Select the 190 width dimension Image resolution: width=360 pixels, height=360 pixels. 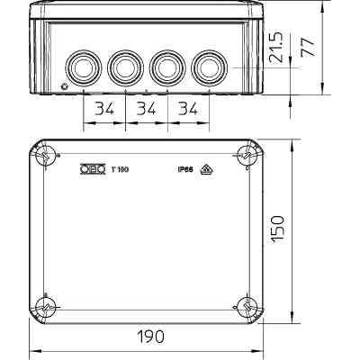pyautogui.click(x=149, y=336)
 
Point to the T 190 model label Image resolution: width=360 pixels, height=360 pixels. pyautogui.click(x=119, y=167)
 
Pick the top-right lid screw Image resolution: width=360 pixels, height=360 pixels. pyautogui.click(x=245, y=158)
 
